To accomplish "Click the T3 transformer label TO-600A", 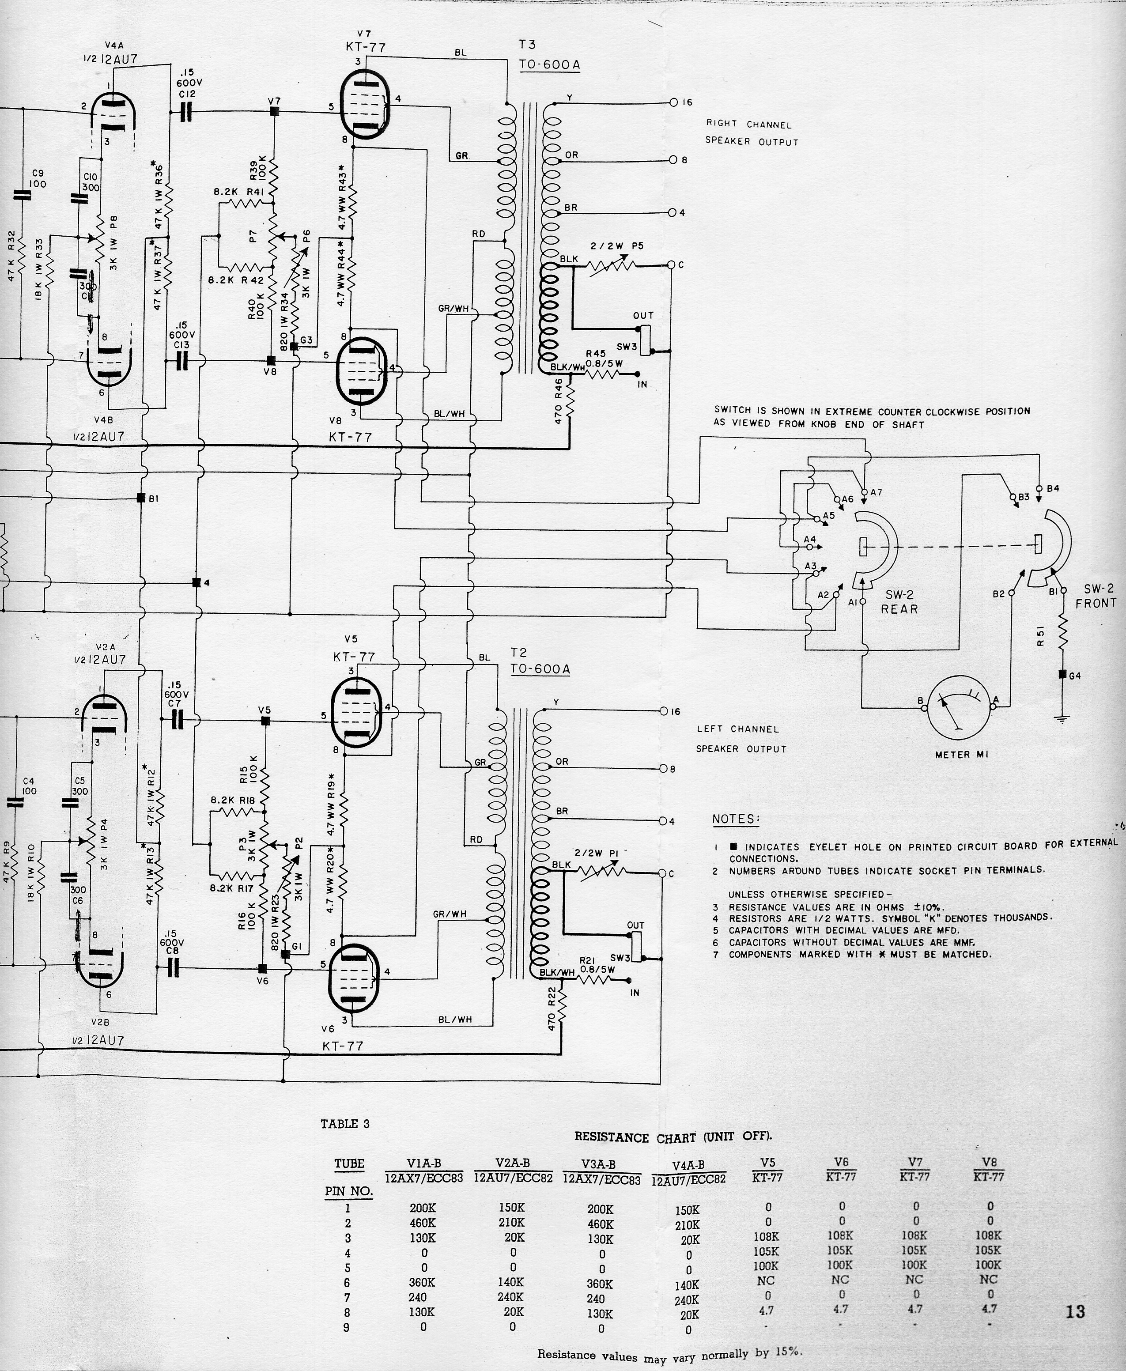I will [x=549, y=65].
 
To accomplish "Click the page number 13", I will [x=1075, y=1311].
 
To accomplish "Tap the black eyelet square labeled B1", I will [x=141, y=498].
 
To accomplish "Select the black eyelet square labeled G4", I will [x=1062, y=675].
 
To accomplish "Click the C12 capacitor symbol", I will [x=185, y=112].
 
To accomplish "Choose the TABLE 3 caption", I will [x=344, y=1124].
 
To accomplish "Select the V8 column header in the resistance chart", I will [x=989, y=1162].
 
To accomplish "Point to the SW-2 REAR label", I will [x=899, y=602].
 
